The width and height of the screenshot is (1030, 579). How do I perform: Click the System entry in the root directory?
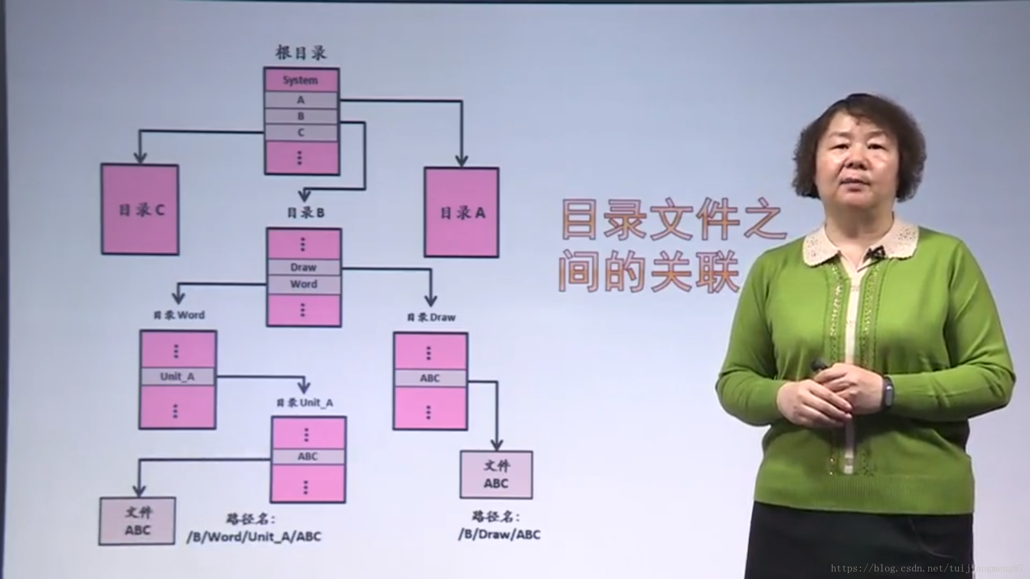[301, 80]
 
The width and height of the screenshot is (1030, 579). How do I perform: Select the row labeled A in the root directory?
[301, 100]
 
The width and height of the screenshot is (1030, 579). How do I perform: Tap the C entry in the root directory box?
[301, 132]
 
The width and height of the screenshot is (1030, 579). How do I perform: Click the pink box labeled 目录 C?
[140, 210]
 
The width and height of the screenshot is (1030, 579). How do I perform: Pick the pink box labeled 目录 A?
[462, 212]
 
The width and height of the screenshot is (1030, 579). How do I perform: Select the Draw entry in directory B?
[304, 267]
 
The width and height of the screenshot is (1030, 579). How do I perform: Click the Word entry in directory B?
[304, 284]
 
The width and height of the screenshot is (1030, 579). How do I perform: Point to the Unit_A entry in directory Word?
[178, 376]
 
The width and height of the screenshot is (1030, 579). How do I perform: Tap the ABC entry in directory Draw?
[430, 378]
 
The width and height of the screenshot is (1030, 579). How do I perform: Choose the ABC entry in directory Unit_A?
[308, 456]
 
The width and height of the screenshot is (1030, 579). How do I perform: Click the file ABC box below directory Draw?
[496, 474]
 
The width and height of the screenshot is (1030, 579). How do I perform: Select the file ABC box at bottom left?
[137, 521]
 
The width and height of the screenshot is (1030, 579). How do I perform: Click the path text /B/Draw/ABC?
[499, 534]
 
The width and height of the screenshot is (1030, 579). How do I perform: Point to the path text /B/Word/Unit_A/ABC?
[254, 537]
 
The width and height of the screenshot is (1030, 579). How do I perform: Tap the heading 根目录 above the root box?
[301, 53]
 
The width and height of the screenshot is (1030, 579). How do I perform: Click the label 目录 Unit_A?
[305, 403]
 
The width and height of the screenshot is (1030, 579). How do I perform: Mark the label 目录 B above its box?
[306, 213]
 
